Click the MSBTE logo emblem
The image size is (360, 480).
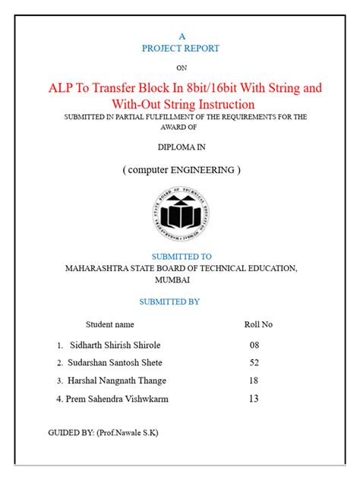coord(181,214)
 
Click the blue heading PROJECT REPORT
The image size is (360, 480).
coord(181,48)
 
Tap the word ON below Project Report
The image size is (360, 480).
coord(181,68)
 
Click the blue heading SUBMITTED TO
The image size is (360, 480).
coord(181,257)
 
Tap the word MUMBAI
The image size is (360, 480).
coord(181,279)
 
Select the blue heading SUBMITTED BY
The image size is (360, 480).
coord(181,302)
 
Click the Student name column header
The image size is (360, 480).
coord(109,324)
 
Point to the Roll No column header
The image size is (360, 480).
coord(258,324)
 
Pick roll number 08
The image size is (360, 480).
coord(254,344)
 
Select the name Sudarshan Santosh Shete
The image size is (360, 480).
coord(115,362)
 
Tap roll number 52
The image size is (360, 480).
coord(254,362)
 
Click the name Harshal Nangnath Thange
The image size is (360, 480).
coord(117,381)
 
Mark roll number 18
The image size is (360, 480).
coord(254,381)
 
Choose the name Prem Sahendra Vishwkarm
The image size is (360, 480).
coord(117,399)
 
